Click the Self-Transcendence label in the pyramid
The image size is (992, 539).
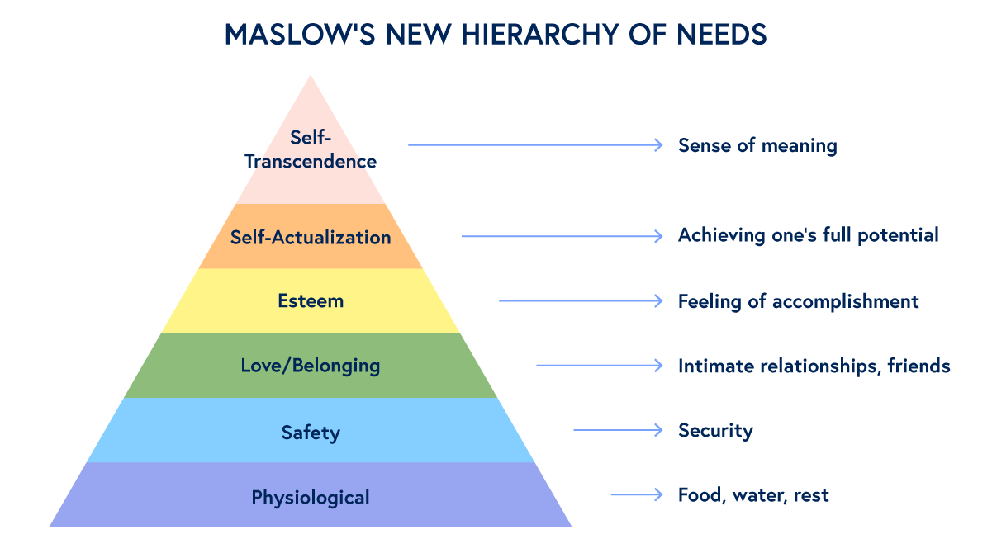point(311,149)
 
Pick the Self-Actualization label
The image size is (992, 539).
point(311,238)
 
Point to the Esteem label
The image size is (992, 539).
point(311,300)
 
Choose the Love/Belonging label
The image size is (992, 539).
point(311,365)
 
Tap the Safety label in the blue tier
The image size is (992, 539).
point(311,433)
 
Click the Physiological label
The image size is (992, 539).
point(311,498)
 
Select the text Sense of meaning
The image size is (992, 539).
point(757,146)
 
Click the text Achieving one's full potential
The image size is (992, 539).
point(808,235)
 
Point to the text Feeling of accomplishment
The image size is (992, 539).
point(798,301)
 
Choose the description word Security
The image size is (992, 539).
point(715,431)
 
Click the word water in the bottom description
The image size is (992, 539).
point(756,495)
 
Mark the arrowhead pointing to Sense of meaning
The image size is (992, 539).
point(658,145)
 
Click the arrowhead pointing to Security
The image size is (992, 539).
point(658,430)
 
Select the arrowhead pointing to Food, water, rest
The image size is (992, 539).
point(658,494)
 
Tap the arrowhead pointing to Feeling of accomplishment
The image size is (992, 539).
point(658,300)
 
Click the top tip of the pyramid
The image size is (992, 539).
point(311,77)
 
